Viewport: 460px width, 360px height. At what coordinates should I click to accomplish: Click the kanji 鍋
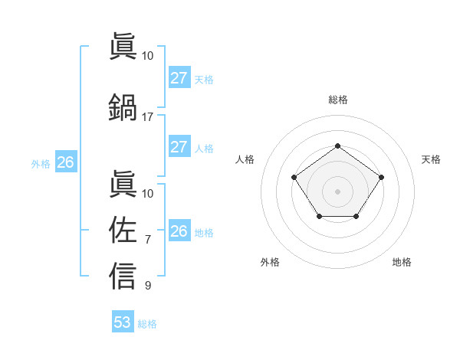point(123,106)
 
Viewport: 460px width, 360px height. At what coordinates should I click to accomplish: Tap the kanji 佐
point(123,229)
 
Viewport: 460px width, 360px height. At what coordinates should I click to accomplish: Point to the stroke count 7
point(147,241)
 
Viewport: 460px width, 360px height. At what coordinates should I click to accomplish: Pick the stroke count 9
point(147,286)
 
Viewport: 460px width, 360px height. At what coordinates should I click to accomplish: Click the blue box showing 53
point(123,322)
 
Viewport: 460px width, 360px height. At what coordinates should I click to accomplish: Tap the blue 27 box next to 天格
point(179,78)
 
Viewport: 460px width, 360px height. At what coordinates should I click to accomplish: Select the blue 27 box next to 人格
point(179,147)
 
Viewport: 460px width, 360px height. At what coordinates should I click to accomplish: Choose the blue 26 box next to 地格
point(179,231)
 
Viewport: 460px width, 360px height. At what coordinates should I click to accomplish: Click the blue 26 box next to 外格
point(65,162)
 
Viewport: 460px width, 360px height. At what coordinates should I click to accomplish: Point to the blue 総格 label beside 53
point(147,324)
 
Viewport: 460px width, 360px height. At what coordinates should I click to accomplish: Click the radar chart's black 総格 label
point(337,100)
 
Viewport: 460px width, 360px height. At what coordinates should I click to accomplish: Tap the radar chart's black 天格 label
point(431,159)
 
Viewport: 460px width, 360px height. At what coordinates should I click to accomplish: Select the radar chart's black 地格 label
point(402,262)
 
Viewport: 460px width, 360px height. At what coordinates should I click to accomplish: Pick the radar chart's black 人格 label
point(245,159)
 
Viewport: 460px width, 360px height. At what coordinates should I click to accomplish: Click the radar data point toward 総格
point(337,146)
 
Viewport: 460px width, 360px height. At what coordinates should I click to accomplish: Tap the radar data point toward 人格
point(294,178)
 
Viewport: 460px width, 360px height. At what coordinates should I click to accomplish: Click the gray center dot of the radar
point(337,191)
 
